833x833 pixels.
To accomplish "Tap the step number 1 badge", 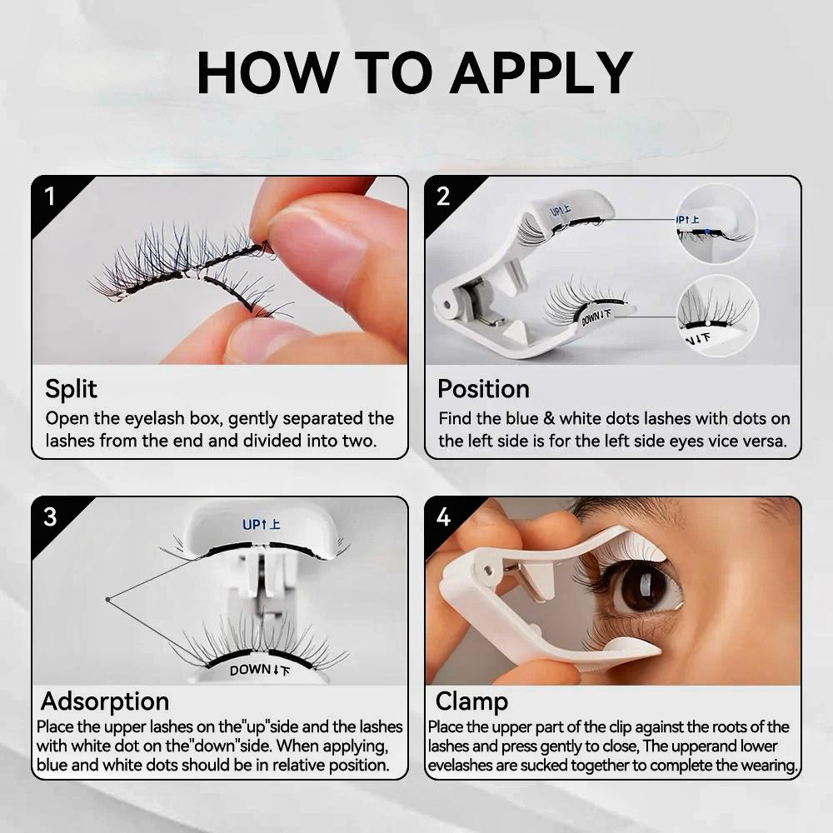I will click(x=50, y=197).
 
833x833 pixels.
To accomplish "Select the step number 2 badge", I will click(x=443, y=197).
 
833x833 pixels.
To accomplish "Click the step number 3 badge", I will click(x=50, y=516).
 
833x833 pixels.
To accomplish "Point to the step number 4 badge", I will click(x=443, y=516).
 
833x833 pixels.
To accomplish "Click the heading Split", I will click(x=71, y=389).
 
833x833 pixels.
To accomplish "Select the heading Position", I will click(x=483, y=389).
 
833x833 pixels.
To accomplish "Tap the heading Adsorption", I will click(x=105, y=701).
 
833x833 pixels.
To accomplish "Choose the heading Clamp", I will click(x=471, y=701).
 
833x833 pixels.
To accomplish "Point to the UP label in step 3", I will click(x=261, y=525).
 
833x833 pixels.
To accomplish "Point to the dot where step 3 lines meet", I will click(x=108, y=599).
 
